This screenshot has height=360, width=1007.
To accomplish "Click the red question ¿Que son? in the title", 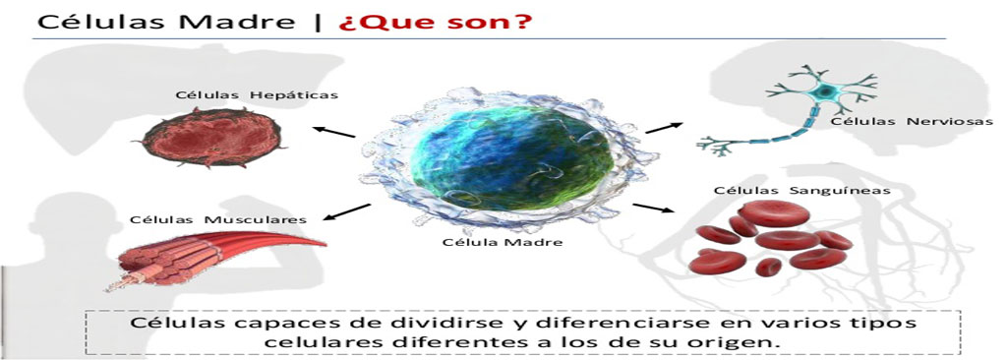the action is click(435, 21).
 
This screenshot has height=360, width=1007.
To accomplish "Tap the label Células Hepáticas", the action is click(257, 95).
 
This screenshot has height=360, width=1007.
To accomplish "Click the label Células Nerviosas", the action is click(912, 121).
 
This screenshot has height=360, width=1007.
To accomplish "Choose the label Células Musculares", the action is click(217, 220).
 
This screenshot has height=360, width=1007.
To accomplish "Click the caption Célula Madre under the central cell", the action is click(503, 242).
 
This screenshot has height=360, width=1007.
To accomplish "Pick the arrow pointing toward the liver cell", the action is click(334, 132).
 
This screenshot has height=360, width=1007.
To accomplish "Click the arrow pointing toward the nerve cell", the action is click(667, 127).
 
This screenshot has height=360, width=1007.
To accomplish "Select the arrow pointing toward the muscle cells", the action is click(347, 212).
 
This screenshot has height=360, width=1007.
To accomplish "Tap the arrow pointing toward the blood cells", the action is click(656, 209).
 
